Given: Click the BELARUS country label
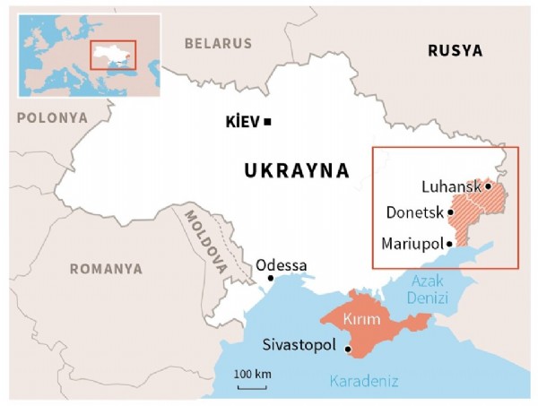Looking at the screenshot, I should pyautogui.click(x=218, y=42).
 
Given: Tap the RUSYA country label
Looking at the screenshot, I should pyautogui.click(x=455, y=50).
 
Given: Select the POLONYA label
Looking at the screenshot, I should pyautogui.click(x=52, y=117).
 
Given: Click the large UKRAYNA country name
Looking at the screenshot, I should pyautogui.click(x=296, y=170).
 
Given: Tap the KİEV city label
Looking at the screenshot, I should pyautogui.click(x=243, y=122).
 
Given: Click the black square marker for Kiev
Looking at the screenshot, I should pyautogui.click(x=267, y=122).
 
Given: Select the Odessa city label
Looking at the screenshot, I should pyautogui.click(x=281, y=265).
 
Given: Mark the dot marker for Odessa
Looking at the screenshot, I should pyautogui.click(x=271, y=278).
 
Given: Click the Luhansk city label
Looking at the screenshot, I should pyautogui.click(x=450, y=186).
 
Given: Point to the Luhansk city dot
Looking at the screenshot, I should pyautogui.click(x=487, y=186).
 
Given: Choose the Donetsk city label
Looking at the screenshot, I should pyautogui.click(x=413, y=213).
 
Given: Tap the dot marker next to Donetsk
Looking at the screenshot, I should pyautogui.click(x=450, y=213).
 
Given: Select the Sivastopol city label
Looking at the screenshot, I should pyautogui.click(x=299, y=345).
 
